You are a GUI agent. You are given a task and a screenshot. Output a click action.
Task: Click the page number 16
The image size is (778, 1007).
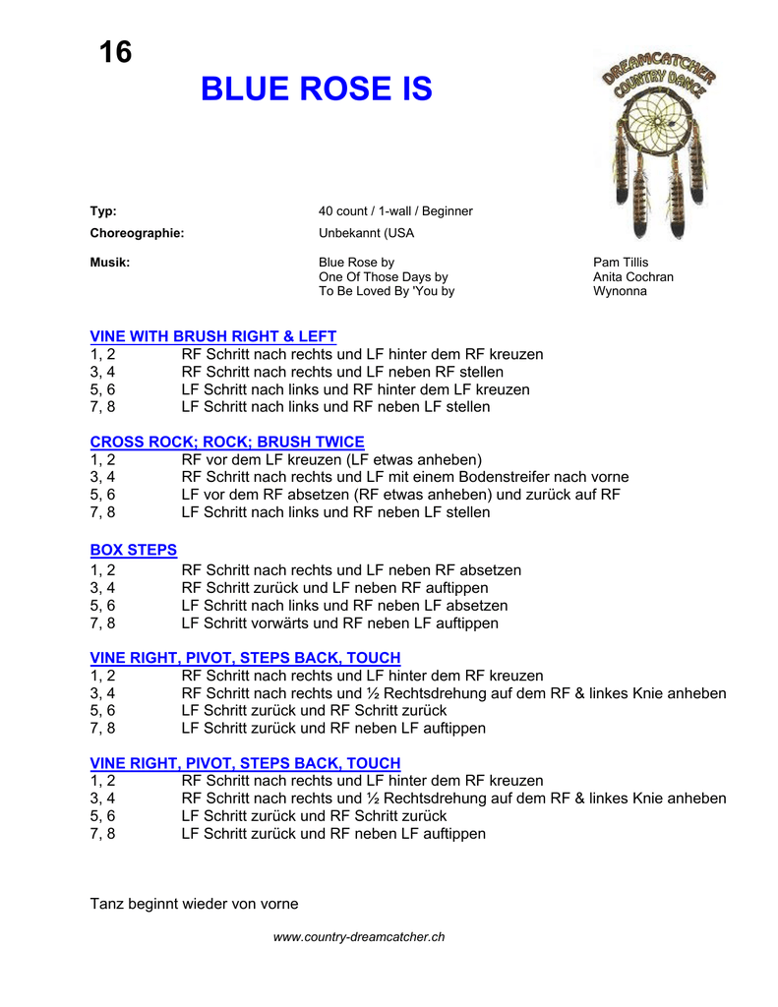[115, 52]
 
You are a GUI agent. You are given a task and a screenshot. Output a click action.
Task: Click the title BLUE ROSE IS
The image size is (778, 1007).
[316, 89]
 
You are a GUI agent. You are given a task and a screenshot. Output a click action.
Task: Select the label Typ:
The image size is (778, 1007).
[103, 211]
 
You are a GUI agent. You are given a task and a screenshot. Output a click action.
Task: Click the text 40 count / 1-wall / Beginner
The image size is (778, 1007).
[395, 211]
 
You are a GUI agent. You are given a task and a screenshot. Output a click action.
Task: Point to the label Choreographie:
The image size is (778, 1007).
[137, 234]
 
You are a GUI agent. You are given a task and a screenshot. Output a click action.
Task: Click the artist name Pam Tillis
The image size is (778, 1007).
[621, 263]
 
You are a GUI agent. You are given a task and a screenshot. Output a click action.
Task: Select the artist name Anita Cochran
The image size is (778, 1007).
[633, 277]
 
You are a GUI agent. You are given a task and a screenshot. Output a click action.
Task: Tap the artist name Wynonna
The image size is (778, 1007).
[620, 292]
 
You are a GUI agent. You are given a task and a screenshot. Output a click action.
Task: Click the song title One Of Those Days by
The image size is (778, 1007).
[383, 277]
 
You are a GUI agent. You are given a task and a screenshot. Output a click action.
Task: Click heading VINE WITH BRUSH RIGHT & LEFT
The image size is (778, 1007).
[212, 336]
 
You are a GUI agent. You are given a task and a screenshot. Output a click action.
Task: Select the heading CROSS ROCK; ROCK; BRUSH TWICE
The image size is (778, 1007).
[227, 443]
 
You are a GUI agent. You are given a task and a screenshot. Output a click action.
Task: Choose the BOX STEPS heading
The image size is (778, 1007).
[134, 551]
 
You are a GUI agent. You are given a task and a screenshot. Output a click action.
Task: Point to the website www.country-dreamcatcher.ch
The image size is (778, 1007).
[359, 937]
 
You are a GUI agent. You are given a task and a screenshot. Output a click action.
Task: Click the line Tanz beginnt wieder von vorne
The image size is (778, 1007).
[194, 904]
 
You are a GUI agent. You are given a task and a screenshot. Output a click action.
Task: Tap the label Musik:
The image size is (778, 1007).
[110, 263]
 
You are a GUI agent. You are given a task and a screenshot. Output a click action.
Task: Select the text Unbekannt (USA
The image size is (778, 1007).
[366, 234]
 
